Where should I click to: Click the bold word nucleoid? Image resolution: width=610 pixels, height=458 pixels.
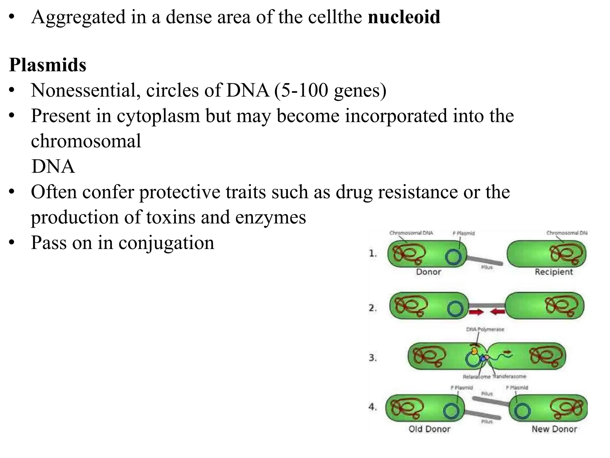pyautogui.click(x=404, y=17)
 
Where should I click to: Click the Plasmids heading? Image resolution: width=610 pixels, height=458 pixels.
pyautogui.click(x=48, y=65)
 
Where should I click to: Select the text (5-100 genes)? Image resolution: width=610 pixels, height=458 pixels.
pyautogui.click(x=330, y=90)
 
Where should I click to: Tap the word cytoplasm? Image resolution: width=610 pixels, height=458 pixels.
pyautogui.click(x=158, y=116)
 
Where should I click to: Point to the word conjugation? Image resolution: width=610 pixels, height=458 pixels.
pyautogui.click(x=166, y=242)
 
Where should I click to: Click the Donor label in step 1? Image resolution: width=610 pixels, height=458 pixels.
pyautogui.click(x=428, y=272)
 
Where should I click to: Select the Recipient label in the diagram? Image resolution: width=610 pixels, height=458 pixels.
pyautogui.click(x=554, y=272)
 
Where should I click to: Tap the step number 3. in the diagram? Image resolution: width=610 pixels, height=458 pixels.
pyautogui.click(x=373, y=358)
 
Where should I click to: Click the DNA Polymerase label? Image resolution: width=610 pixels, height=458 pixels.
pyautogui.click(x=485, y=329)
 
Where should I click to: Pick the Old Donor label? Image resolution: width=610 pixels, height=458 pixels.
pyautogui.click(x=429, y=429)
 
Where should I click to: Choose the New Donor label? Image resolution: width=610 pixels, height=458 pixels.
pyautogui.click(x=554, y=429)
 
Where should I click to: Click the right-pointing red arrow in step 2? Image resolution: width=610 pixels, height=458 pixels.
pyautogui.click(x=476, y=312)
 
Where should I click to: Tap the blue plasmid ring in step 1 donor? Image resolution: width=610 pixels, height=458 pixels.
pyautogui.click(x=453, y=257)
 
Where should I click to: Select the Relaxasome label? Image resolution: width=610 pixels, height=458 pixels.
pyautogui.click(x=476, y=377)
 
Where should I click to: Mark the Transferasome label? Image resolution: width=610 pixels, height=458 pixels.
pyautogui.click(x=509, y=377)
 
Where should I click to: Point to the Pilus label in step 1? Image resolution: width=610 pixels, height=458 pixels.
pyautogui.click(x=487, y=267)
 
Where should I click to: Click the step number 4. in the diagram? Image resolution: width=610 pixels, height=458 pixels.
pyautogui.click(x=373, y=407)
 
